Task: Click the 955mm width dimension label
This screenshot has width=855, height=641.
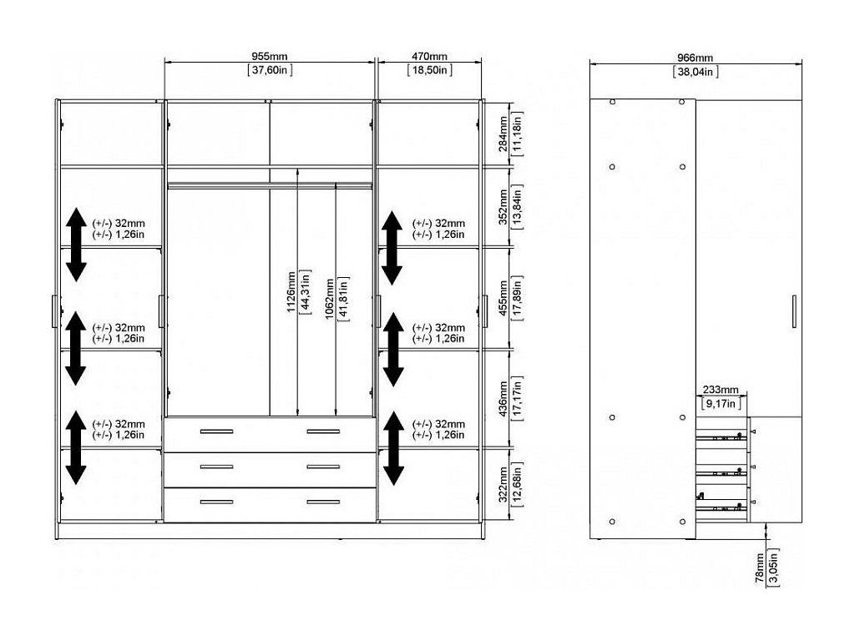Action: [270, 56]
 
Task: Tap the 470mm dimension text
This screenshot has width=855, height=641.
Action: [429, 56]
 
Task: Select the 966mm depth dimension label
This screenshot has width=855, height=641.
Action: [696, 58]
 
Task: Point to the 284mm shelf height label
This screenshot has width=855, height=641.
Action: [503, 134]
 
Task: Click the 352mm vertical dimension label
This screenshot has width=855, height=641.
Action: [503, 207]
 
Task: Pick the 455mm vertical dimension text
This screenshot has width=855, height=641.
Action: [503, 298]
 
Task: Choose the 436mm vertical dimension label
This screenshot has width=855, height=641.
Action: [503, 398]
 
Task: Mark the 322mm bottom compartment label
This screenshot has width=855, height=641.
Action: [503, 484]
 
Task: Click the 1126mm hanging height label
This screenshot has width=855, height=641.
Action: [291, 291]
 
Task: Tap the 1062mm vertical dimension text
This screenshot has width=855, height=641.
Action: [330, 300]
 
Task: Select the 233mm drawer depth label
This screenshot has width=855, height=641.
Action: [721, 390]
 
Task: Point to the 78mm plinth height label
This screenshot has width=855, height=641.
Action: [760, 568]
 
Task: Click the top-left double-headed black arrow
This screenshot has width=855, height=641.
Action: [76, 245]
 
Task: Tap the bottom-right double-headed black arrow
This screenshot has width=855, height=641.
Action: [393, 448]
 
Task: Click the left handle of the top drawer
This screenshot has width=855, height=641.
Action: [216, 432]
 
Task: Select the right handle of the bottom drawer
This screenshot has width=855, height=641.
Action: [323, 502]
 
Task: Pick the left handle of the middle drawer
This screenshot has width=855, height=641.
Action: [216, 467]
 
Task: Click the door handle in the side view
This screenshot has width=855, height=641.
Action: [794, 311]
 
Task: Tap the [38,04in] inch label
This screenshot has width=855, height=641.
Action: [696, 72]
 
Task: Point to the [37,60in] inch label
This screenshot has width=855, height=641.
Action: [270, 70]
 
